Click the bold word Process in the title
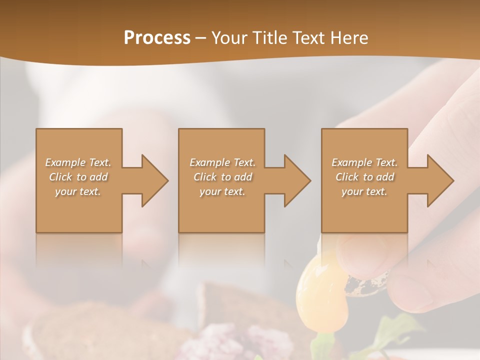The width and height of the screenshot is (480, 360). click(x=157, y=37)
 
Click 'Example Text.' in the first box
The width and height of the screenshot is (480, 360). click(x=78, y=162)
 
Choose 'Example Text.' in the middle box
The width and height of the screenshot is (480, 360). click(x=222, y=162)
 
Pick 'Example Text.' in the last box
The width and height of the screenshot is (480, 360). click(x=364, y=162)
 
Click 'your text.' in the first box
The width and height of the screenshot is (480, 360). click(x=78, y=191)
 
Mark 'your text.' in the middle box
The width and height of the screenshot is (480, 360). click(x=222, y=191)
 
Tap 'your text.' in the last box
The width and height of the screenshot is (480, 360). click(x=364, y=191)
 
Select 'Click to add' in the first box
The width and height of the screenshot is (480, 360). click(x=78, y=177)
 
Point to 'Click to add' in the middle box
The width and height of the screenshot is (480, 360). click(x=222, y=177)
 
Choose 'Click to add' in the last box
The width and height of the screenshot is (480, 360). click(x=364, y=177)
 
